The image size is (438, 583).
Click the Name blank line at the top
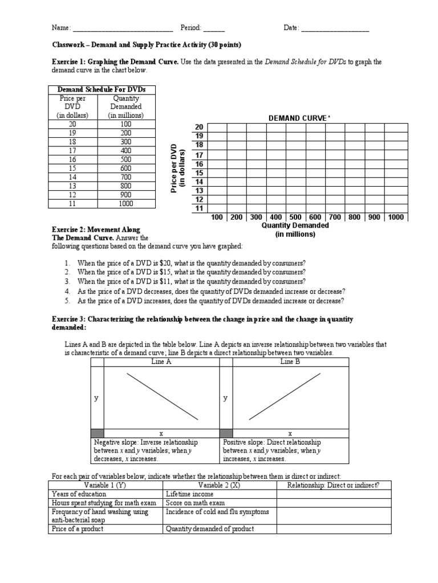(x=122, y=28)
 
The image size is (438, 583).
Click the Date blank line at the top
(x=335, y=28)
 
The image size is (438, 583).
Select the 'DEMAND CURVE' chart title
(x=299, y=118)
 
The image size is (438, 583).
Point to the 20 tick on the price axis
(x=199, y=127)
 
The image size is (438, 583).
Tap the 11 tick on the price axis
(x=199, y=208)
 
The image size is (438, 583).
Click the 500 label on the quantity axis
(x=295, y=217)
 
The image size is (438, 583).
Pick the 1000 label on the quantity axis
(x=395, y=217)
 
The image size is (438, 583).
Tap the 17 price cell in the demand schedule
(x=72, y=150)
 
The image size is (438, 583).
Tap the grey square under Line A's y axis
(x=98, y=433)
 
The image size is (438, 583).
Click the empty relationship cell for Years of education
(x=334, y=494)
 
